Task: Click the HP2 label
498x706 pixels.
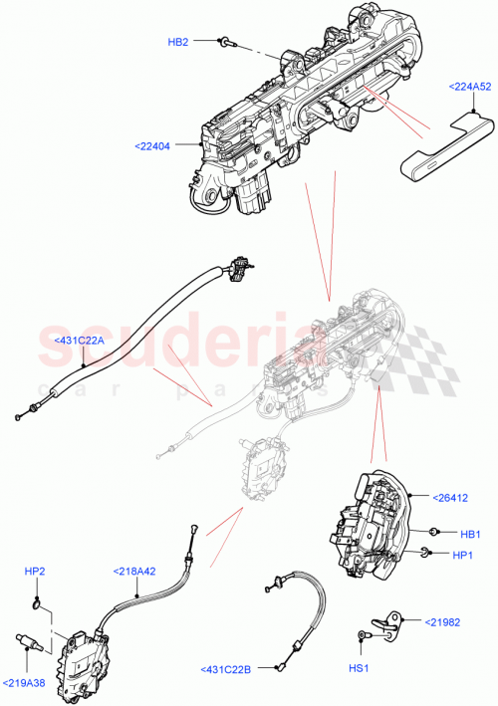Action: tap(35, 572)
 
